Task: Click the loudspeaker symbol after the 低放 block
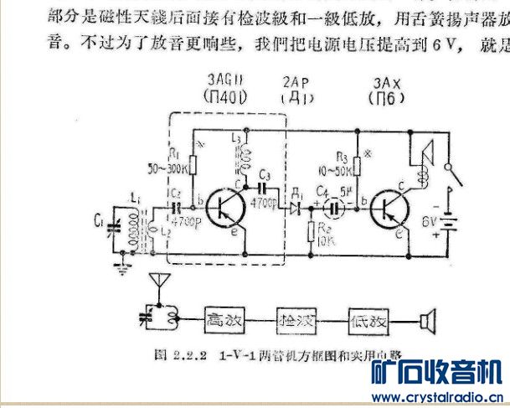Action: tap(428, 319)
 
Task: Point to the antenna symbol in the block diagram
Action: tap(156, 283)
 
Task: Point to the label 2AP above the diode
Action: tap(296, 80)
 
